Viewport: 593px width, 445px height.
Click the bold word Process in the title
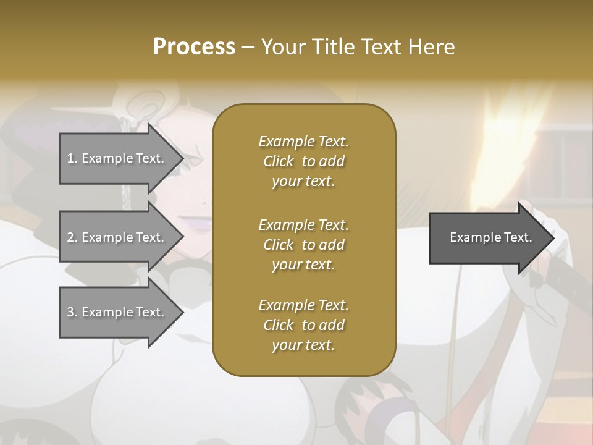click(194, 47)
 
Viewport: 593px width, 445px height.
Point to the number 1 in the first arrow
click(70, 158)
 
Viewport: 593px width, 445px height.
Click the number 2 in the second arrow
click(70, 237)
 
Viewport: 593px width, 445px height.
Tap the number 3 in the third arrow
click(70, 312)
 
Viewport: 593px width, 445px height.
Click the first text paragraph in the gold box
click(303, 161)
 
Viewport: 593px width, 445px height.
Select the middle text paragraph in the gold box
click(303, 244)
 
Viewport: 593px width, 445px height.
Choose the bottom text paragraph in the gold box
click(303, 325)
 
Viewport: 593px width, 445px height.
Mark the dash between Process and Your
click(248, 47)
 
